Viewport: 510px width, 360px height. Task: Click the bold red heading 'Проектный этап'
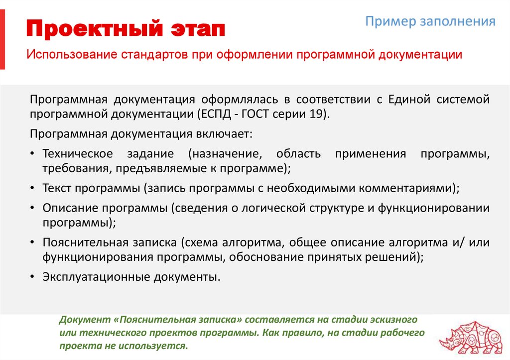coord(126,29)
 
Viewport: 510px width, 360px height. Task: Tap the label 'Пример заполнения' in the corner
coord(430,22)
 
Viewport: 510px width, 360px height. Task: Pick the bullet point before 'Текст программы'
coord(32,189)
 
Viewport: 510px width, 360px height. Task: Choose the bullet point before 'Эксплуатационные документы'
coord(32,277)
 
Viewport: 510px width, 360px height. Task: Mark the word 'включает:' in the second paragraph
coord(227,134)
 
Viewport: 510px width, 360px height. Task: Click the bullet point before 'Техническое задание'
coord(32,154)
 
